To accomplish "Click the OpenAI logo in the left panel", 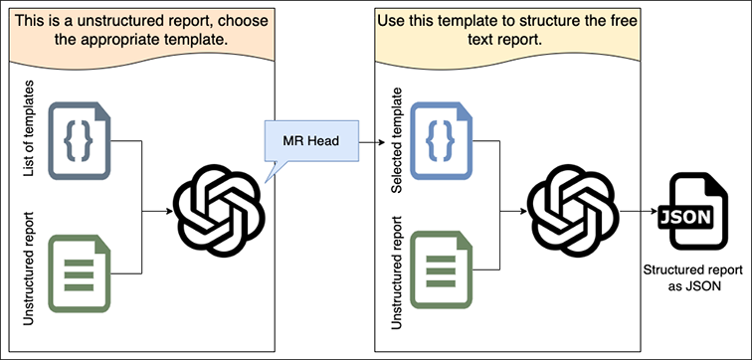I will pos(219,210).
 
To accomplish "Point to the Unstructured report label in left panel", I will pos(28,270).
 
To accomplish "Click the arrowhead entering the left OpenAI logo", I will pos(169,211).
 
